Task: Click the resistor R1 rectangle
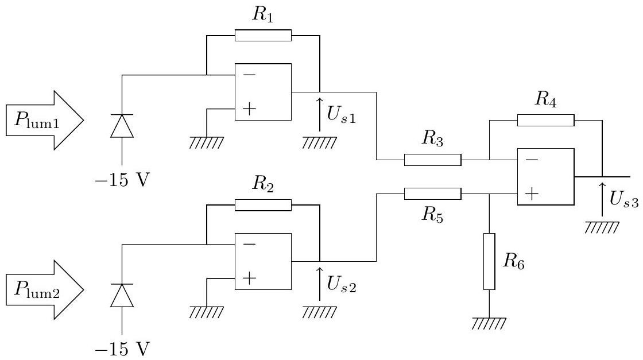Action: coord(263,35)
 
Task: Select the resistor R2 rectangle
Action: coord(263,205)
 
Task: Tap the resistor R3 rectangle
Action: coord(433,160)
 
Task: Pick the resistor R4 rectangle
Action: coord(546,120)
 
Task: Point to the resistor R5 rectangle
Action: coord(433,193)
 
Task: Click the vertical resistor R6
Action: coord(489,262)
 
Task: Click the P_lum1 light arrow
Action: coord(45,120)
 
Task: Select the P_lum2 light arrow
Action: coord(45,289)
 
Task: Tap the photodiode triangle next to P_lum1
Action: coord(122,126)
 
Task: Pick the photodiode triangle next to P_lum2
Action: coord(122,295)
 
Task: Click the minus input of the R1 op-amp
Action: coord(249,75)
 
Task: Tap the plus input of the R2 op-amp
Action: coord(249,278)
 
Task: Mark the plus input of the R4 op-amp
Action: coord(532,193)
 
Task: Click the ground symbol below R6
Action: coord(489,323)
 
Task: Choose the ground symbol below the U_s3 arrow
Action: coord(602,227)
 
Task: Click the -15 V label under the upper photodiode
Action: coord(122,180)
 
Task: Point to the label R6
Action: coord(513,261)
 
